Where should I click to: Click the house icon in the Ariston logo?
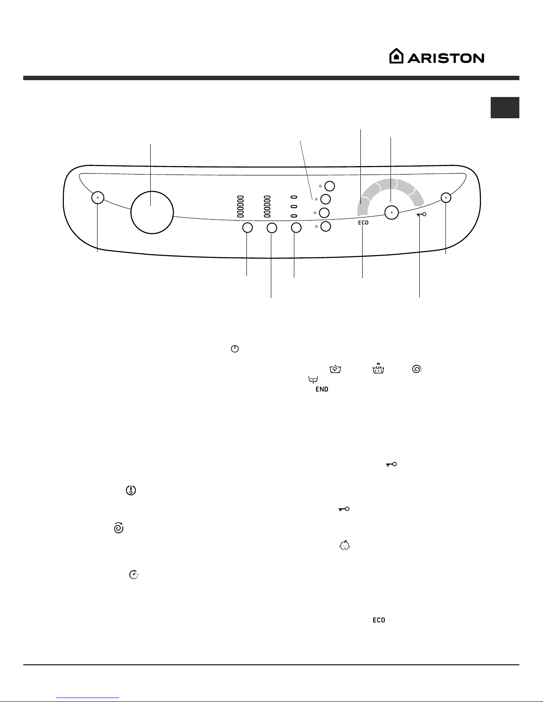tap(396, 56)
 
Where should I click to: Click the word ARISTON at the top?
tap(446, 58)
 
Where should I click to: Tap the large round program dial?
tap(152, 212)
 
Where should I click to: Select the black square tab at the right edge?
tap(505, 108)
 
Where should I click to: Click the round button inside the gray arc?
tap(391, 213)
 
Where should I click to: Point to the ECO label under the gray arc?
tap(363, 223)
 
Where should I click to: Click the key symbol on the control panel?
tap(422, 214)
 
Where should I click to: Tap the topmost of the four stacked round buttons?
tap(330, 186)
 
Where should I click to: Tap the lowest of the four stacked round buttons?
tap(326, 226)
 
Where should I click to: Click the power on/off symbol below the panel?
tap(234, 349)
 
